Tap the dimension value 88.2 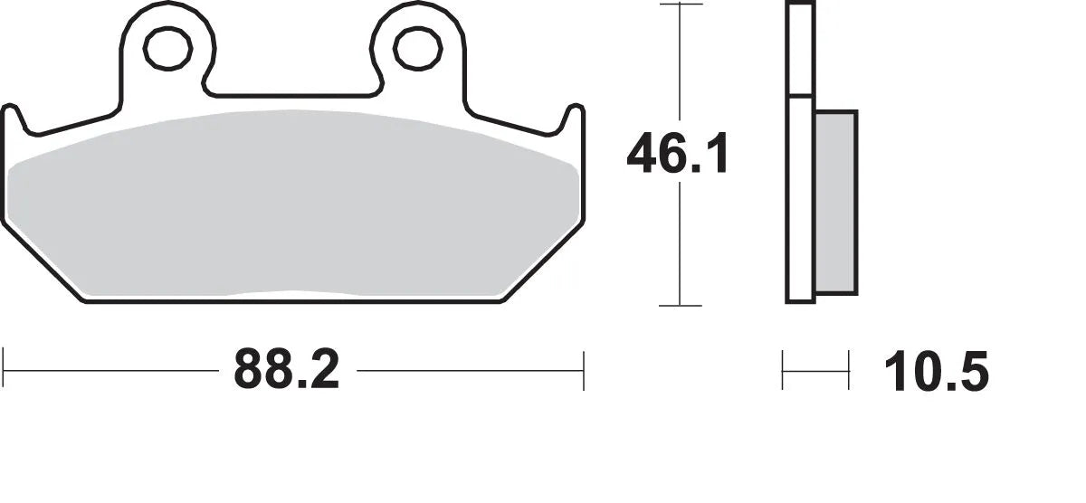coord(286,371)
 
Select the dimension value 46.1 coord(677,155)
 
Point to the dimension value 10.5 coord(937,372)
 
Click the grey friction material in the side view coord(835,203)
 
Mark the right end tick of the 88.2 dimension coord(584,371)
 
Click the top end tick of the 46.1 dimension coord(681,5)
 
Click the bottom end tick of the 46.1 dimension coord(681,306)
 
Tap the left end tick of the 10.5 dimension coord(784,371)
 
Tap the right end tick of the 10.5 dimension coord(849,371)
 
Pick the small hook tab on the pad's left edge coord(13,118)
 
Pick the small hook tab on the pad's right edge coord(573,118)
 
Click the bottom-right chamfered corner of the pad coord(543,262)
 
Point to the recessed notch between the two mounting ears coord(292,93)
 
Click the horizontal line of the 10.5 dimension coord(816,371)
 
